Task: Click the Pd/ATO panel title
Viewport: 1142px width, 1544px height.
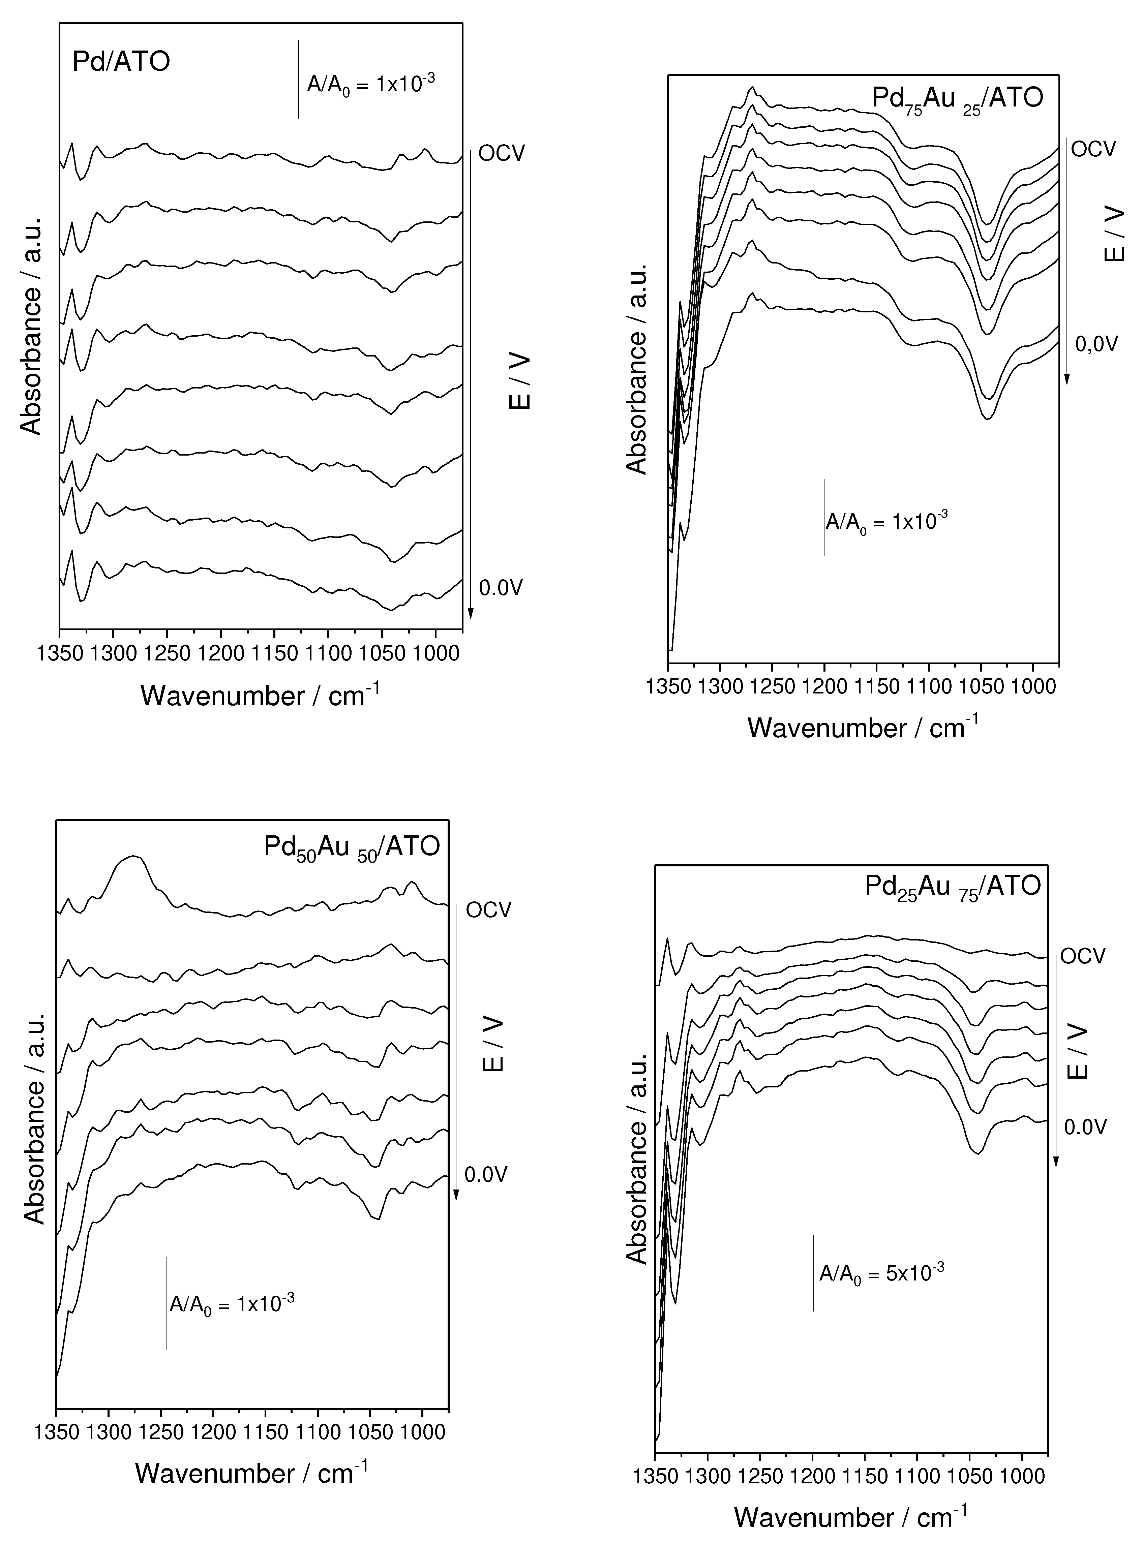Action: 121,62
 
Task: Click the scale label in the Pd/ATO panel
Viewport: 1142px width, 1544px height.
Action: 370,84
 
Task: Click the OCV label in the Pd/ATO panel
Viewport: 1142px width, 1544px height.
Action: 502,153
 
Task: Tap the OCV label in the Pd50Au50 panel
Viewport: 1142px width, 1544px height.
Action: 489,909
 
